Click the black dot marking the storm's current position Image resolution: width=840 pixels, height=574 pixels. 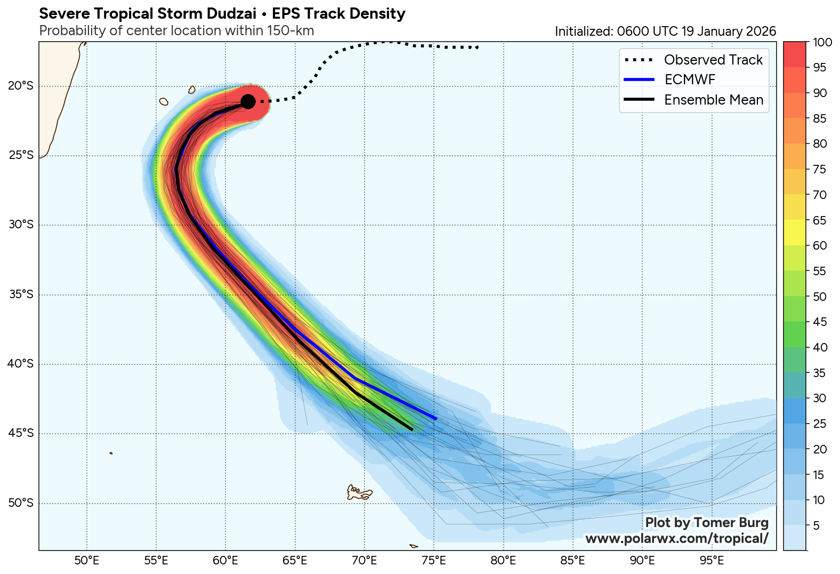pos(248,101)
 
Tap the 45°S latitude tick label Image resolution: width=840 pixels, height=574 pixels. pos(21,433)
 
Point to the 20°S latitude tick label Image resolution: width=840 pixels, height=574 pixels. pos(21,86)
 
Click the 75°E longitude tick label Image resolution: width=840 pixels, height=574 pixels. pos(434,561)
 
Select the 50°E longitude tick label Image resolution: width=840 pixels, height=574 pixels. pos(86,561)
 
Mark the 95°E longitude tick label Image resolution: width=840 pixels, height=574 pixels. pos(712,561)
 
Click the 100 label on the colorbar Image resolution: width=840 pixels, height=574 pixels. pos(823,43)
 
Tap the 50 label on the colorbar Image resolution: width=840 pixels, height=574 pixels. pos(820,297)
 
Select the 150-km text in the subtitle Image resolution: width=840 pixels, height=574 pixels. pos(291,31)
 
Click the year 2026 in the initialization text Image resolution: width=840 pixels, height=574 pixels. pos(761,31)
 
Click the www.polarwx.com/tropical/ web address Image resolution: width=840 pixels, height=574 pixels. pos(677,539)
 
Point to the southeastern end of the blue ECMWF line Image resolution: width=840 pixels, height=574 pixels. pos(436,419)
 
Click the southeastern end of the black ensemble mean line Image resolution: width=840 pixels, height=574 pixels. pos(412,429)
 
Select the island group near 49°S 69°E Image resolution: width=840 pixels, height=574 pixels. pos(359,492)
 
